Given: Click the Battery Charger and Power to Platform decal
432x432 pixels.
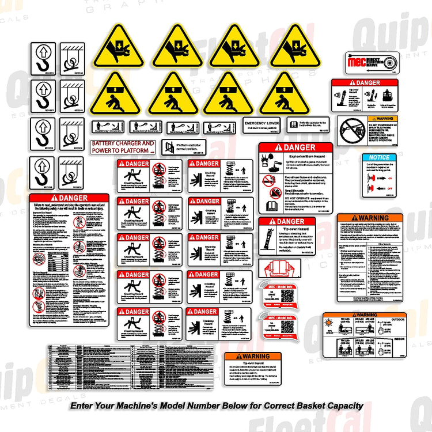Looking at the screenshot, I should [123, 146].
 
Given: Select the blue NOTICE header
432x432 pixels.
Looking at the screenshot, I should [379, 157].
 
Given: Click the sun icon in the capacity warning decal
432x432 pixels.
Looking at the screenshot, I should [331, 321].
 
